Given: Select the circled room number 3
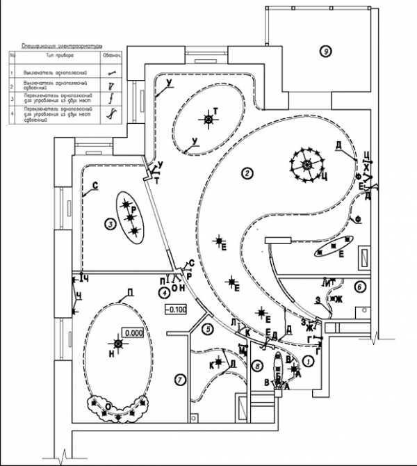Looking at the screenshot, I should [110, 223].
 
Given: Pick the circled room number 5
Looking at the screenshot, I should [207, 328].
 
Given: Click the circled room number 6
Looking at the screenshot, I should [360, 285].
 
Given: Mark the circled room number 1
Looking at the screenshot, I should [308, 362].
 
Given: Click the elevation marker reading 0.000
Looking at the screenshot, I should [133, 332].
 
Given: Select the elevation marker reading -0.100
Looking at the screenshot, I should [175, 309].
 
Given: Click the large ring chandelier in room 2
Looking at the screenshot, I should [306, 166].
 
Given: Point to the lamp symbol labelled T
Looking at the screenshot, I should [208, 120].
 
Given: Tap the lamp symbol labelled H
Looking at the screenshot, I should [118, 344].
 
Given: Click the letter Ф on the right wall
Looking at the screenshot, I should [359, 220].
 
